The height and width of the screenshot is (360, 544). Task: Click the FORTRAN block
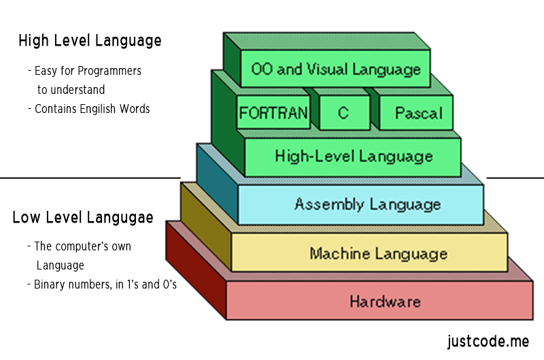click(x=273, y=113)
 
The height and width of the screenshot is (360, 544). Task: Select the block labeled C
click(x=343, y=113)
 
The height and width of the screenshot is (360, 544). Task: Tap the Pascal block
click(x=418, y=113)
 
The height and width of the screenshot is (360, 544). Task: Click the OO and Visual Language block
click(x=335, y=69)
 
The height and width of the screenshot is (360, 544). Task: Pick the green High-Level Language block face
click(x=353, y=157)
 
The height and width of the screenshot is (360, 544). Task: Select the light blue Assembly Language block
click(x=367, y=204)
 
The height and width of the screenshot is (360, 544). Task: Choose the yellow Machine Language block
click(x=378, y=254)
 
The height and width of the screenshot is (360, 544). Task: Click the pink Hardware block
click(x=385, y=301)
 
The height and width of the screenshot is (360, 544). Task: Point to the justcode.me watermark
click(x=488, y=340)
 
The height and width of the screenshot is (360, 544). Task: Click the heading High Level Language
click(x=90, y=41)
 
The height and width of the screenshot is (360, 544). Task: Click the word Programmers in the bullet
click(x=110, y=71)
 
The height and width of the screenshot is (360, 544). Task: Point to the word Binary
click(x=52, y=284)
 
